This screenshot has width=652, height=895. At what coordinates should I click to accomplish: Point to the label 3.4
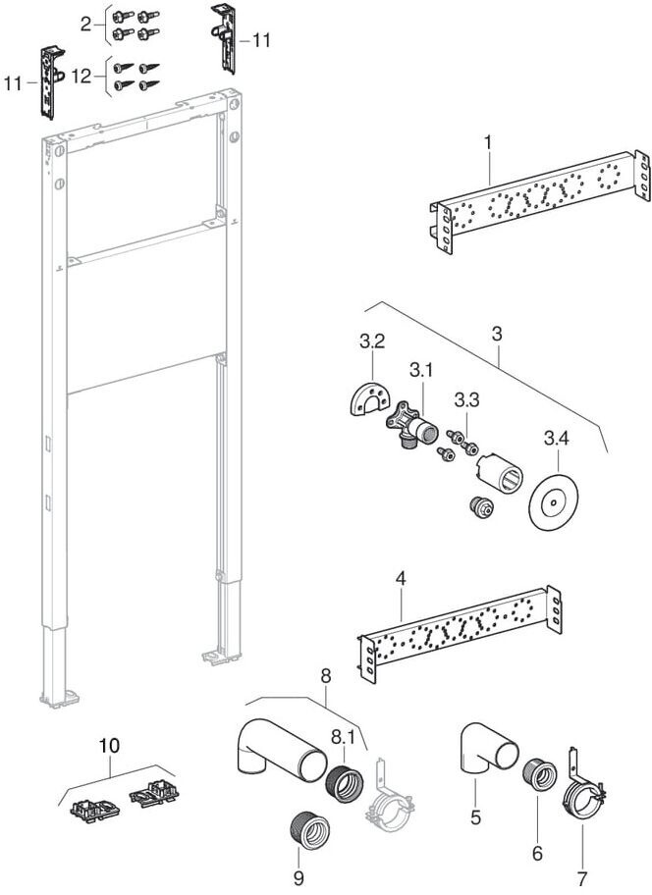click(557, 434)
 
